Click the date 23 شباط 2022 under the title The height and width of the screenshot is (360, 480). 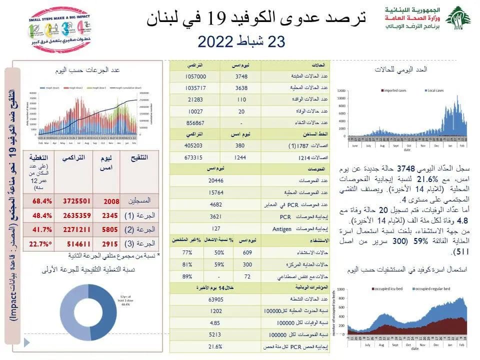(x=241, y=41)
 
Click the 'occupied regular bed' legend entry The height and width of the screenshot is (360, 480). (x=434, y=289)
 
